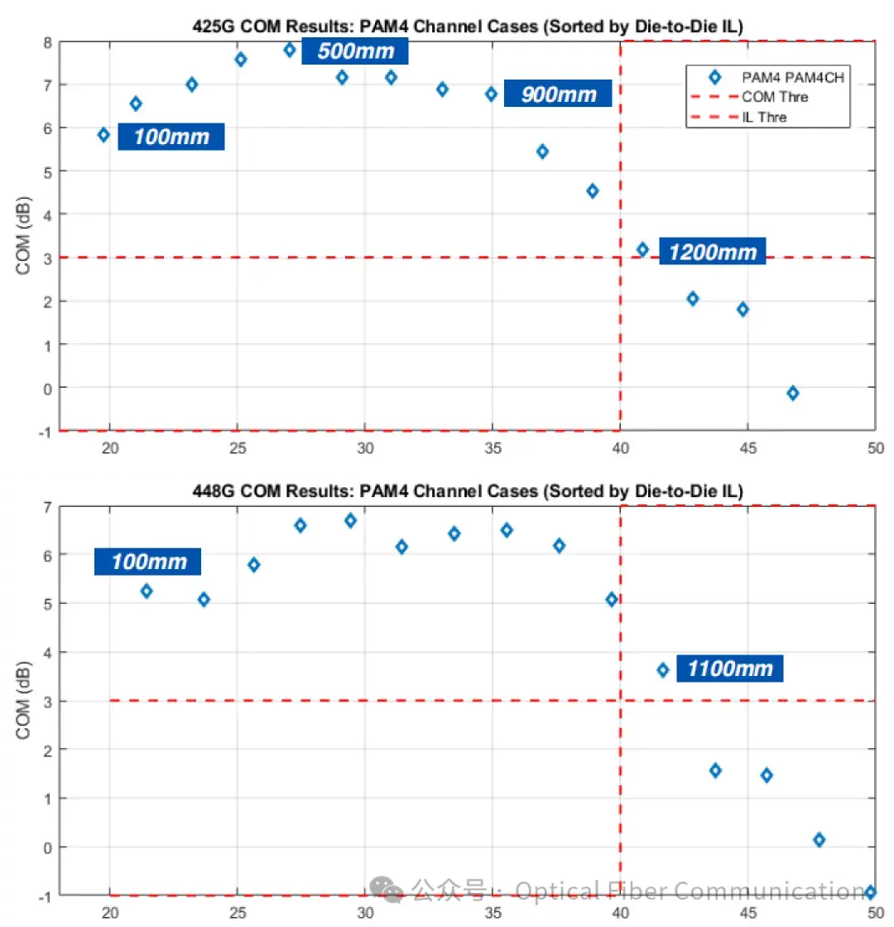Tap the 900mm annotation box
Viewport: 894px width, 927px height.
click(559, 94)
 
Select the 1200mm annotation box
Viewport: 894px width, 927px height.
click(713, 251)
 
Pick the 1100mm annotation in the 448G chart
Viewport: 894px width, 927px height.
click(729, 669)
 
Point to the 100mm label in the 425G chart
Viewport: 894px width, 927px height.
click(171, 137)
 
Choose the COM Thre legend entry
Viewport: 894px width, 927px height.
click(775, 97)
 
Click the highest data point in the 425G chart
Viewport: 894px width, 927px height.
click(290, 50)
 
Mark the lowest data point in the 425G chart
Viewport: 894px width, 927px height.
click(793, 393)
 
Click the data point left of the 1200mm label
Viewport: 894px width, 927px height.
click(642, 249)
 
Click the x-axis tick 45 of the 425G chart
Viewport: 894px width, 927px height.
click(747, 448)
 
